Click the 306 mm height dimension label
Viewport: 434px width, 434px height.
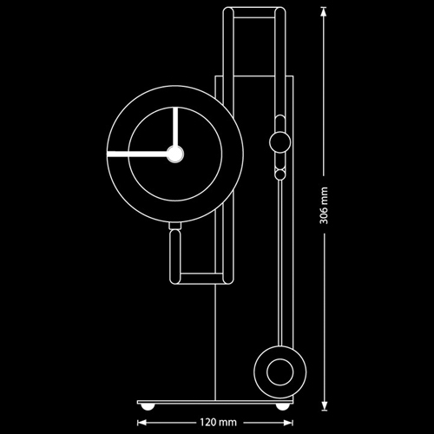pos(324,205)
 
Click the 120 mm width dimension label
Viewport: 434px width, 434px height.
pos(218,423)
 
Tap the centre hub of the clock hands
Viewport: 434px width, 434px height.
pos(175,155)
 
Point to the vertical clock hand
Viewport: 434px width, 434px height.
pos(175,127)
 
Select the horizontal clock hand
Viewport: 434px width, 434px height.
pos(137,155)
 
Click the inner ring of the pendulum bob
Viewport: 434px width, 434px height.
pos(279,372)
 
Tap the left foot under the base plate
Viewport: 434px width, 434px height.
pos(147,406)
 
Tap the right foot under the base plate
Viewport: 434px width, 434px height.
pos(281,406)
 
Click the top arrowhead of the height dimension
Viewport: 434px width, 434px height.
pos(324,12)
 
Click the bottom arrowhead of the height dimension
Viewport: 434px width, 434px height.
pos(324,405)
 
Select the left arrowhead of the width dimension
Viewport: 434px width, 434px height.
pos(141,423)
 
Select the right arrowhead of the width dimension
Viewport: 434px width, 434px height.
pos(289,423)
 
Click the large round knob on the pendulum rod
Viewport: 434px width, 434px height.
pos(279,142)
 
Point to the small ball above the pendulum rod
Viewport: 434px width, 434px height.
pos(279,174)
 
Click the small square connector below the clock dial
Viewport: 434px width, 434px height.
pos(174,226)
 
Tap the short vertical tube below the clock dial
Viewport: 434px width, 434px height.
pos(174,256)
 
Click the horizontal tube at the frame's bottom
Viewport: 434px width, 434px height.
pos(201,279)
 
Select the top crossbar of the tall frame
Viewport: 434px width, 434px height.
pos(254,12)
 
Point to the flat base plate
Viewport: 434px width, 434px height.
pos(215,402)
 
